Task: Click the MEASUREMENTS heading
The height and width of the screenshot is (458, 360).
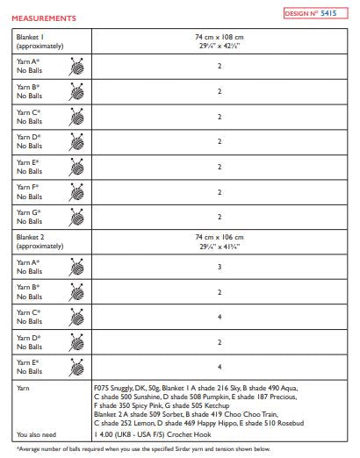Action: point(45,18)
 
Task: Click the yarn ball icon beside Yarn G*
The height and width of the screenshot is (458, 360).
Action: point(77,215)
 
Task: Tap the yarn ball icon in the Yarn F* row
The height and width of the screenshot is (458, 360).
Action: point(77,190)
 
